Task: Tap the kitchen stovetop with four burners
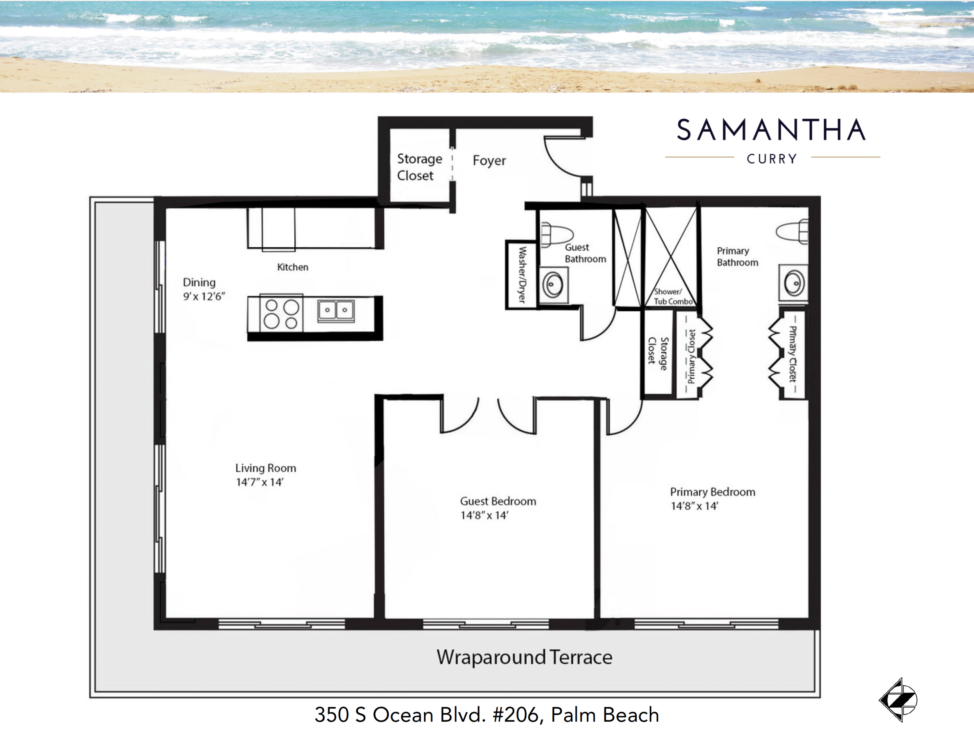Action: tap(281, 313)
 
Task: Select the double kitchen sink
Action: tap(336, 310)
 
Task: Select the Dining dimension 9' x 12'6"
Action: tap(204, 296)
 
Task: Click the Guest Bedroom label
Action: tap(498, 501)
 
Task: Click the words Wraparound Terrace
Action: tap(524, 657)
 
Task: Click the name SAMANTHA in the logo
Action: tap(771, 130)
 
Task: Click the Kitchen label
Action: tap(293, 267)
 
